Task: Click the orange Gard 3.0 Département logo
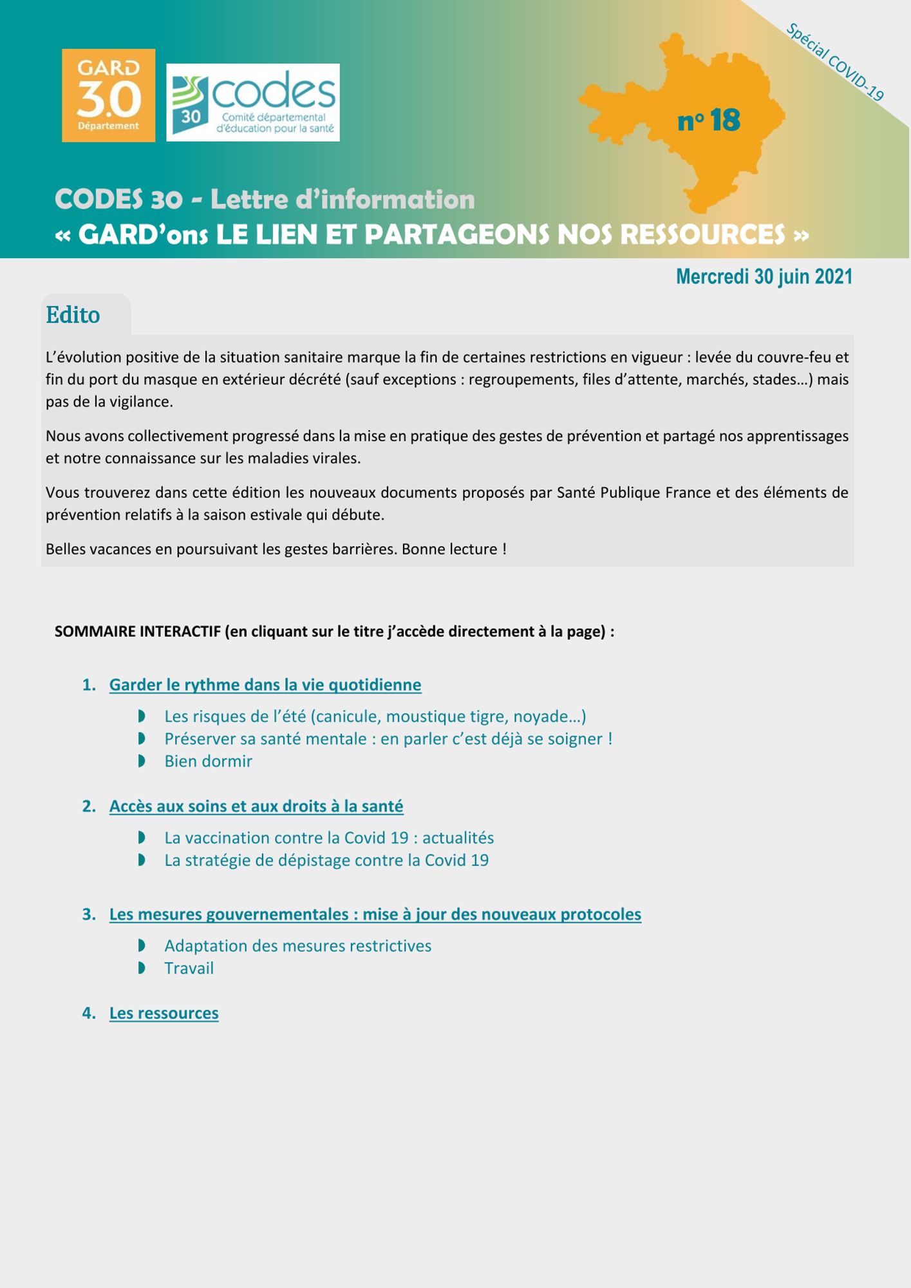coord(108,95)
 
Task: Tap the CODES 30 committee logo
coord(252,102)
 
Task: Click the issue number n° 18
coord(709,120)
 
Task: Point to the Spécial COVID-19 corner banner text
coord(834,62)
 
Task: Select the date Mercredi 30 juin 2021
coord(764,277)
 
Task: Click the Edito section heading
coord(73,315)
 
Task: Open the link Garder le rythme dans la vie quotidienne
coord(265,685)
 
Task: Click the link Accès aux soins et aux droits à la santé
coord(256,806)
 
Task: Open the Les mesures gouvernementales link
coord(375,914)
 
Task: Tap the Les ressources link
coord(164,1013)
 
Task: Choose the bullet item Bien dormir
coord(208,761)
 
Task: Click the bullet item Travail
coord(189,968)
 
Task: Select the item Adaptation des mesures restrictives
coord(297,946)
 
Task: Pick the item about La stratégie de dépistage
coord(326,860)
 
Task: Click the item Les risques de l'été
coord(375,717)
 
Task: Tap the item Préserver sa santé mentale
coord(388,739)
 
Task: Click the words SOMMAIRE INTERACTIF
coord(137,632)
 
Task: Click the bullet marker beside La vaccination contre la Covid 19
coord(142,838)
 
